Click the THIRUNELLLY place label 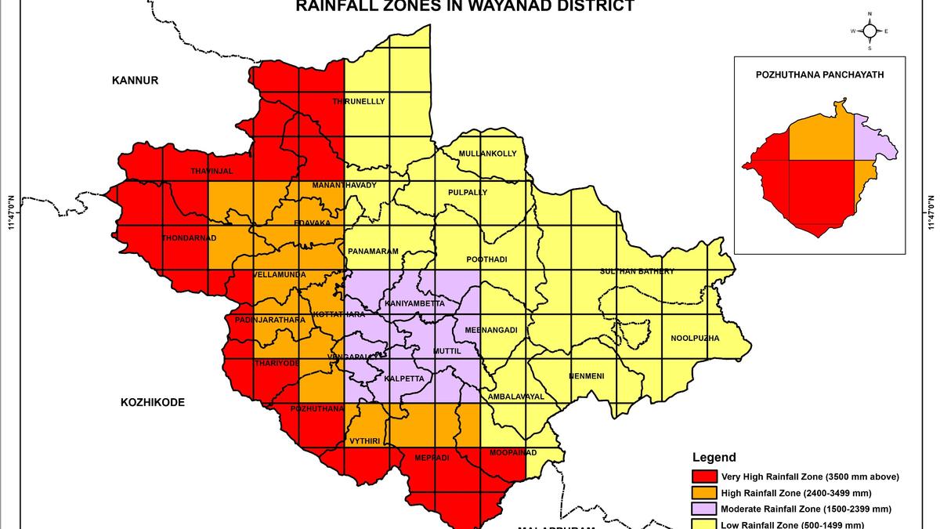359,102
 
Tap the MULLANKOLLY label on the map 487,154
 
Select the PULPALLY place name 468,192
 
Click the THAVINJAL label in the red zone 211,171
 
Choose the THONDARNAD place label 189,237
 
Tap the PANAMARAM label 374,252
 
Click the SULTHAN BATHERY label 637,271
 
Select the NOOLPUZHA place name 694,339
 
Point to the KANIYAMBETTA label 414,303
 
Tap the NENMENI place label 586,376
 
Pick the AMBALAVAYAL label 515,397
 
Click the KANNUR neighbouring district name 135,80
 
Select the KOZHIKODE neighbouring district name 153,402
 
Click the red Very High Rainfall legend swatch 703,476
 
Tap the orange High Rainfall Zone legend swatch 703,493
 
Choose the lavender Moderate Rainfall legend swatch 703,509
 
